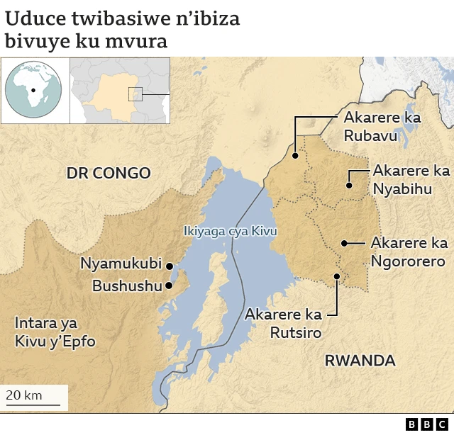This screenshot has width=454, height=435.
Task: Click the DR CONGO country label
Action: coord(109,173)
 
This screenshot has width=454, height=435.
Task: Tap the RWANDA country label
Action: coord(360,360)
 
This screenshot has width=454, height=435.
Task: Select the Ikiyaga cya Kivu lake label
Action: coord(230,232)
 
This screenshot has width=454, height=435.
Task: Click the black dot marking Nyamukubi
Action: coord(170,266)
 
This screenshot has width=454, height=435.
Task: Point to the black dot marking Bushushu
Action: coord(169,286)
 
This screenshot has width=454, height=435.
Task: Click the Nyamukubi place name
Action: coord(121,264)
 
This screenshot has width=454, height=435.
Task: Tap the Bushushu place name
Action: coord(127,286)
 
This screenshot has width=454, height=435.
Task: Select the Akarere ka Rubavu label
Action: coord(382,126)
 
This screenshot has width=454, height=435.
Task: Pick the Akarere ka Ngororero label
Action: coord(409,252)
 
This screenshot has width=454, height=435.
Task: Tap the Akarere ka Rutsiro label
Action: coord(284,323)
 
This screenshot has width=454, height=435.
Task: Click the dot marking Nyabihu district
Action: coord(349,186)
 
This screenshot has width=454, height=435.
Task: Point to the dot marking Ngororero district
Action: coord(343,243)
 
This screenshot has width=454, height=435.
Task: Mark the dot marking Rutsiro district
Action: coord(337,276)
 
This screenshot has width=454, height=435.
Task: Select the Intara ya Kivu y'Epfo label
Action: coord(55,332)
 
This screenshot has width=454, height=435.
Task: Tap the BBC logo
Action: coord(428,424)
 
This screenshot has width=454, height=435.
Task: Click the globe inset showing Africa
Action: coord(33,91)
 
